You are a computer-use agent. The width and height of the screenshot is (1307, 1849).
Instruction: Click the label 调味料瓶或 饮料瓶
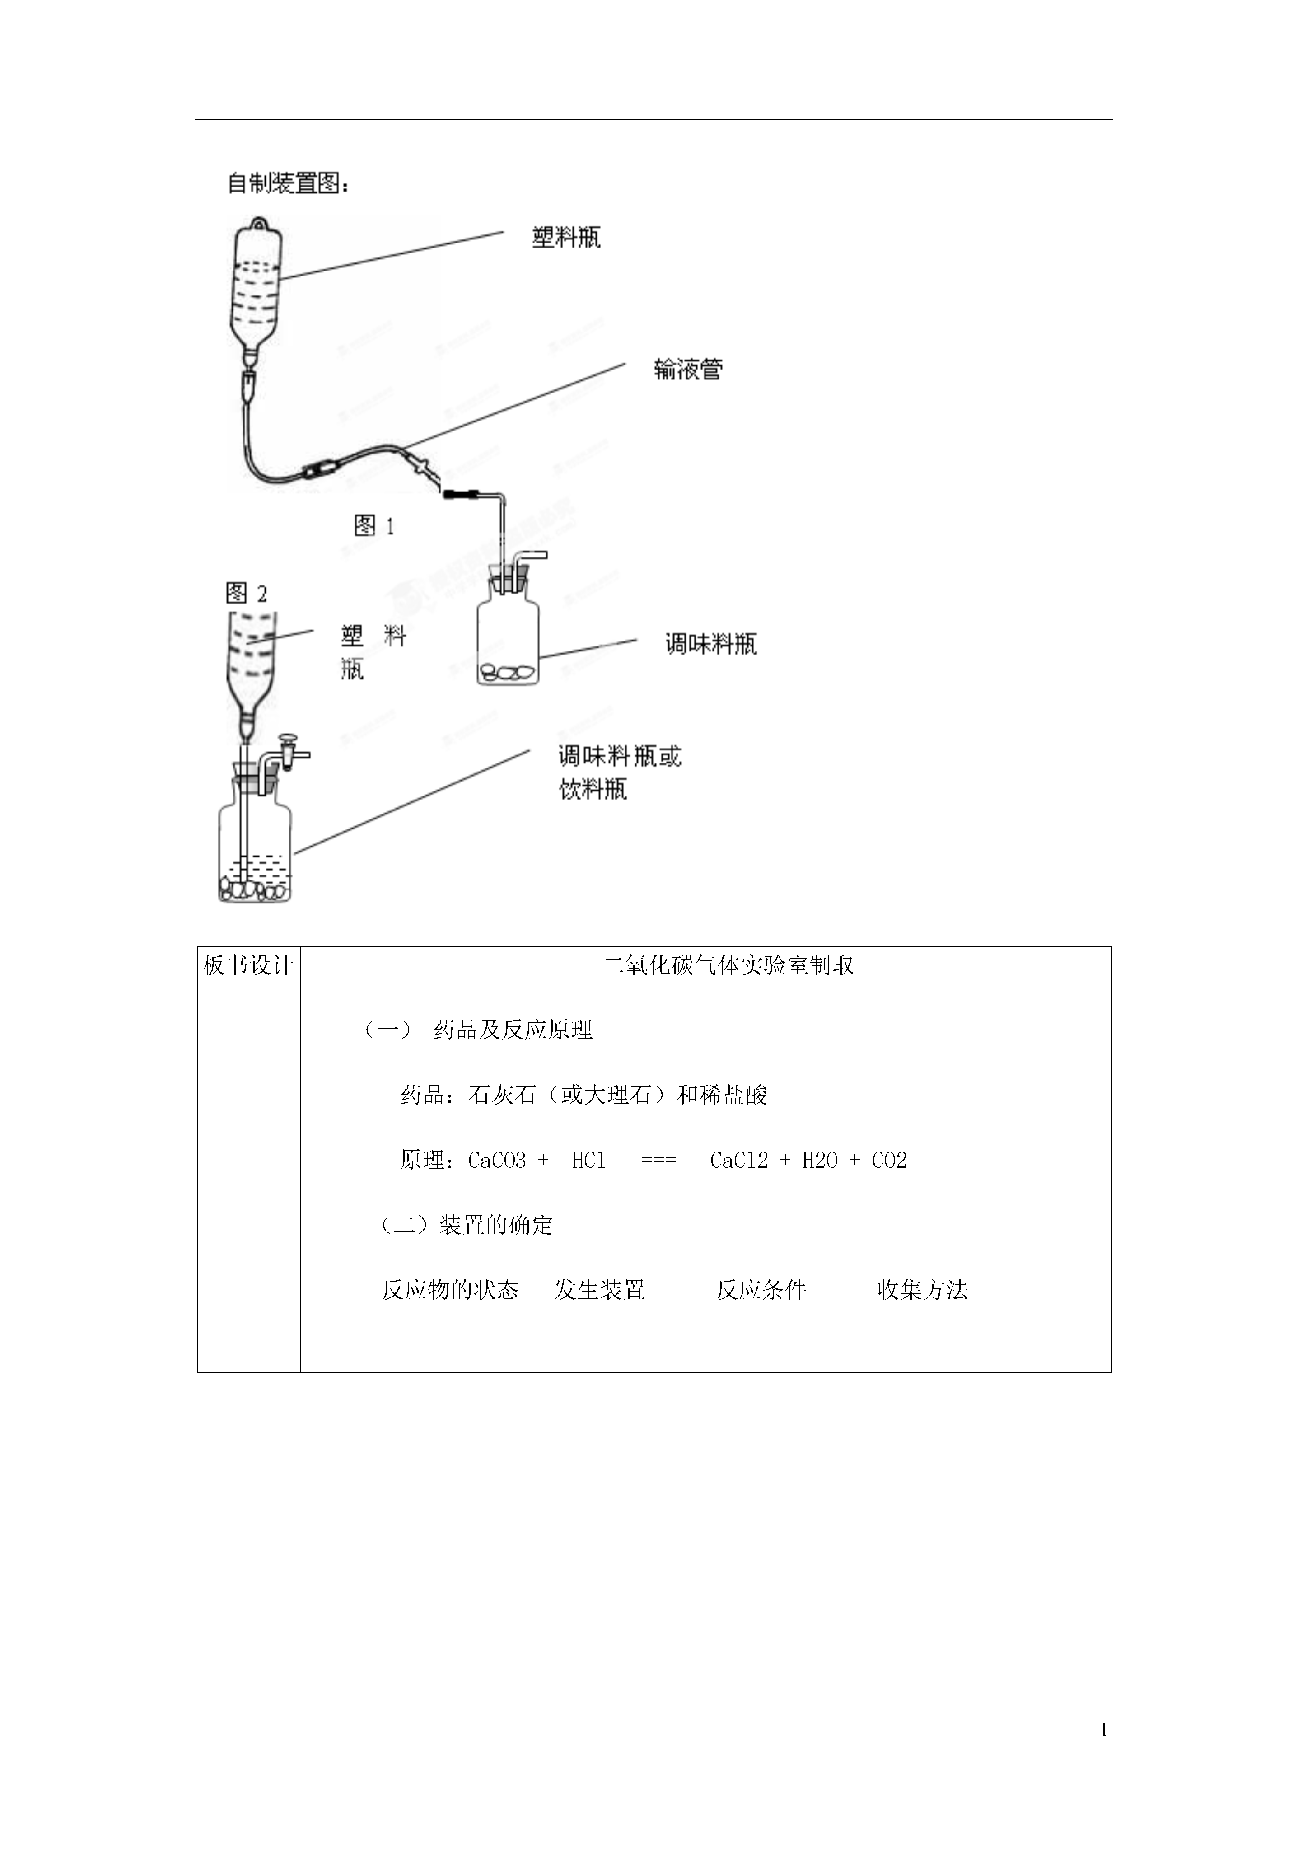620,772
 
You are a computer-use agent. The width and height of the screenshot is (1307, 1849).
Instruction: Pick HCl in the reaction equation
588,1161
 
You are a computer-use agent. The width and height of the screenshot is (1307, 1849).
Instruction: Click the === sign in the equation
659,1161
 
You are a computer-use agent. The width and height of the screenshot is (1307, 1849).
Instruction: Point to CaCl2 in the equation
738,1161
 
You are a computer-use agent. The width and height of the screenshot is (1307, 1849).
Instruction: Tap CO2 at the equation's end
889,1161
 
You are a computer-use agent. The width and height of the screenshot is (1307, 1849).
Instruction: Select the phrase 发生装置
599,1290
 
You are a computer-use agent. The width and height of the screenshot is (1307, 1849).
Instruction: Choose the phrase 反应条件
761,1290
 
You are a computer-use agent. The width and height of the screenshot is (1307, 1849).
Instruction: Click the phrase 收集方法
922,1290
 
